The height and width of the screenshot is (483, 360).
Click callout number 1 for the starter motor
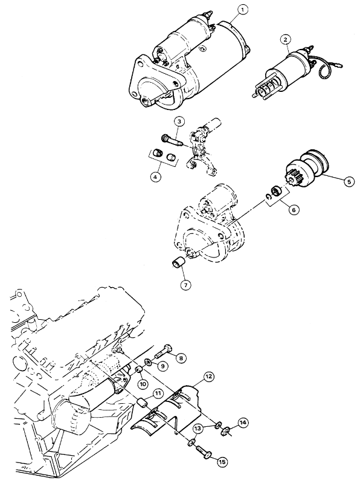click(242, 10)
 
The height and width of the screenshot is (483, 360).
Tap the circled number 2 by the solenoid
click(286, 39)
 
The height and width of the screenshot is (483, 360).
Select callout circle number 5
click(349, 182)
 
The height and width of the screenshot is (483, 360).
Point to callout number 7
click(186, 285)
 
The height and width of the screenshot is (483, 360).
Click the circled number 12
click(209, 377)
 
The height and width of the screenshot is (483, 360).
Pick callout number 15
click(222, 462)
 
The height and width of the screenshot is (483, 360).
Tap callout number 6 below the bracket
click(293, 210)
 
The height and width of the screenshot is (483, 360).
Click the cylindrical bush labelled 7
click(177, 264)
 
